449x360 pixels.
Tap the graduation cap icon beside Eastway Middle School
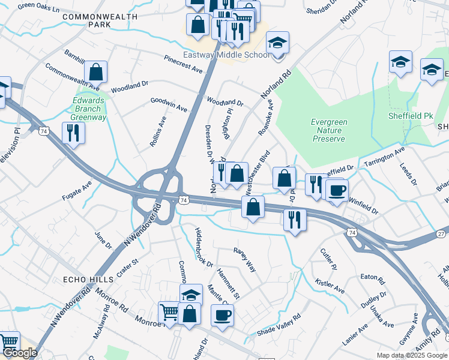click(x=277, y=43)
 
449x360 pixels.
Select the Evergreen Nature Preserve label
click(x=329, y=130)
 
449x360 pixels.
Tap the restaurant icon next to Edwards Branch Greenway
click(x=73, y=133)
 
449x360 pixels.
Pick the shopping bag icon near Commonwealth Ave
click(x=95, y=72)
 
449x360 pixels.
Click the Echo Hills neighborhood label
click(x=88, y=280)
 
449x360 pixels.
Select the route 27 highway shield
click(x=441, y=233)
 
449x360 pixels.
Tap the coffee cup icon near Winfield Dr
click(x=337, y=190)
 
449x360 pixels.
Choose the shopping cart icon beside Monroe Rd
click(x=169, y=313)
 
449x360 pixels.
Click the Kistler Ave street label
click(x=330, y=286)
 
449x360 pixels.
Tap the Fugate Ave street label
click(x=76, y=190)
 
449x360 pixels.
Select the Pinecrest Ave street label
click(x=184, y=64)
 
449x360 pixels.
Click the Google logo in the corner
click(x=19, y=353)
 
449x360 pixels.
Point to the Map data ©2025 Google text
click(x=411, y=355)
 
